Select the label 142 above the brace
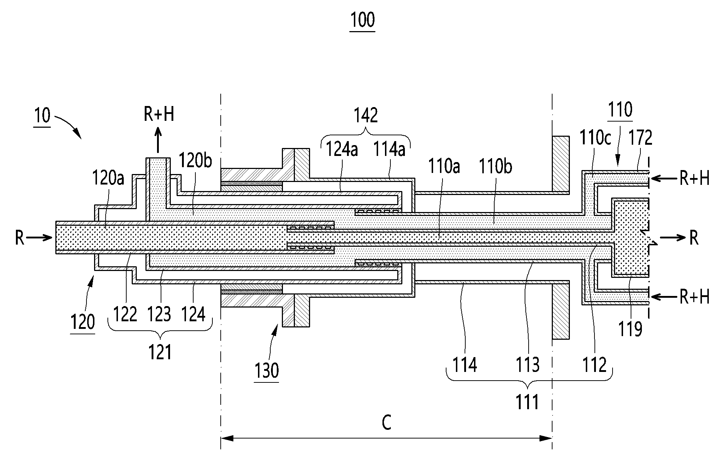pos(366,115)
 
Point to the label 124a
pos(342,149)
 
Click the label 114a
pos(389,149)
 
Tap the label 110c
pos(595,138)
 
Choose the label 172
pos(640,138)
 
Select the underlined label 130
pos(267,370)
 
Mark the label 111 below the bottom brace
pos(527,402)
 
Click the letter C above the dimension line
pos(386,422)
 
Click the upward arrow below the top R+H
pos(158,140)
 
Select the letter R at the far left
pos(20,238)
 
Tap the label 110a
pos(444,167)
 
